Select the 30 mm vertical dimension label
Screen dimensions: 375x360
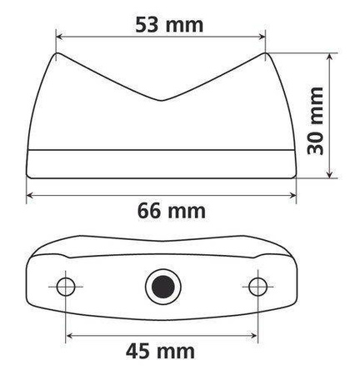pos(314,116)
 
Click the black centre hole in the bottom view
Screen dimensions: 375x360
pos(160,287)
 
